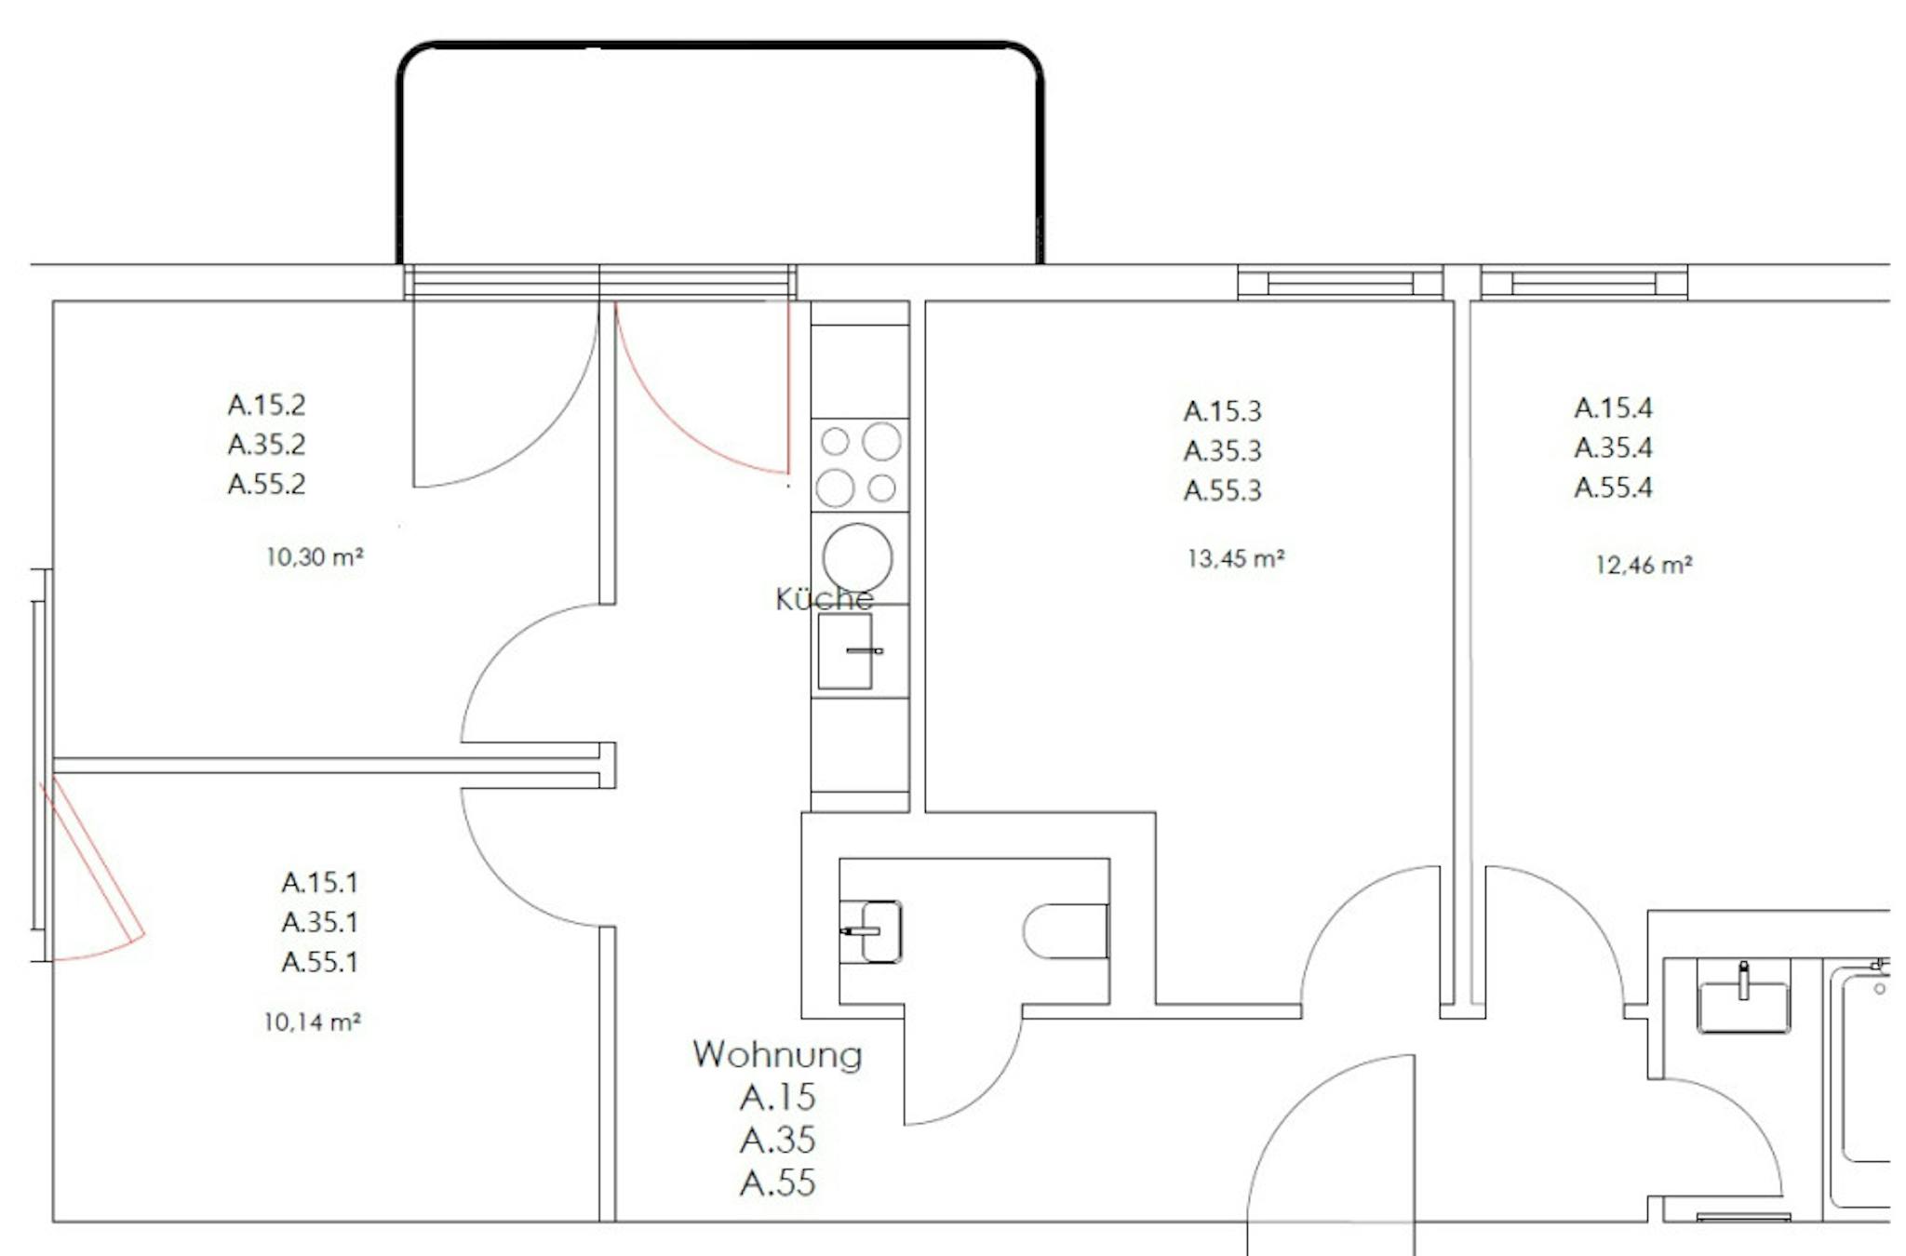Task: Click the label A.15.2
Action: click(266, 405)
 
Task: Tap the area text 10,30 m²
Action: click(315, 556)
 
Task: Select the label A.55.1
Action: click(319, 961)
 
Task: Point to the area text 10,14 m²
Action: click(312, 1022)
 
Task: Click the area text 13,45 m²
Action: click(1236, 558)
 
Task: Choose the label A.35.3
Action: click(1222, 450)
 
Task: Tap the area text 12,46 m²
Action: click(1644, 564)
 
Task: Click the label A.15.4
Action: click(1613, 408)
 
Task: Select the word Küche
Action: click(824, 598)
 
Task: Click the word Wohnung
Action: click(777, 1055)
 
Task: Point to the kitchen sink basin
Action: click(845, 651)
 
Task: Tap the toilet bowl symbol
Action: click(1066, 930)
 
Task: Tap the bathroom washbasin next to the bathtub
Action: click(1743, 1000)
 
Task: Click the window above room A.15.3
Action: click(1340, 282)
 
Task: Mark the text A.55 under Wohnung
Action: click(777, 1183)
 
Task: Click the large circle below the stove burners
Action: click(857, 558)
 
